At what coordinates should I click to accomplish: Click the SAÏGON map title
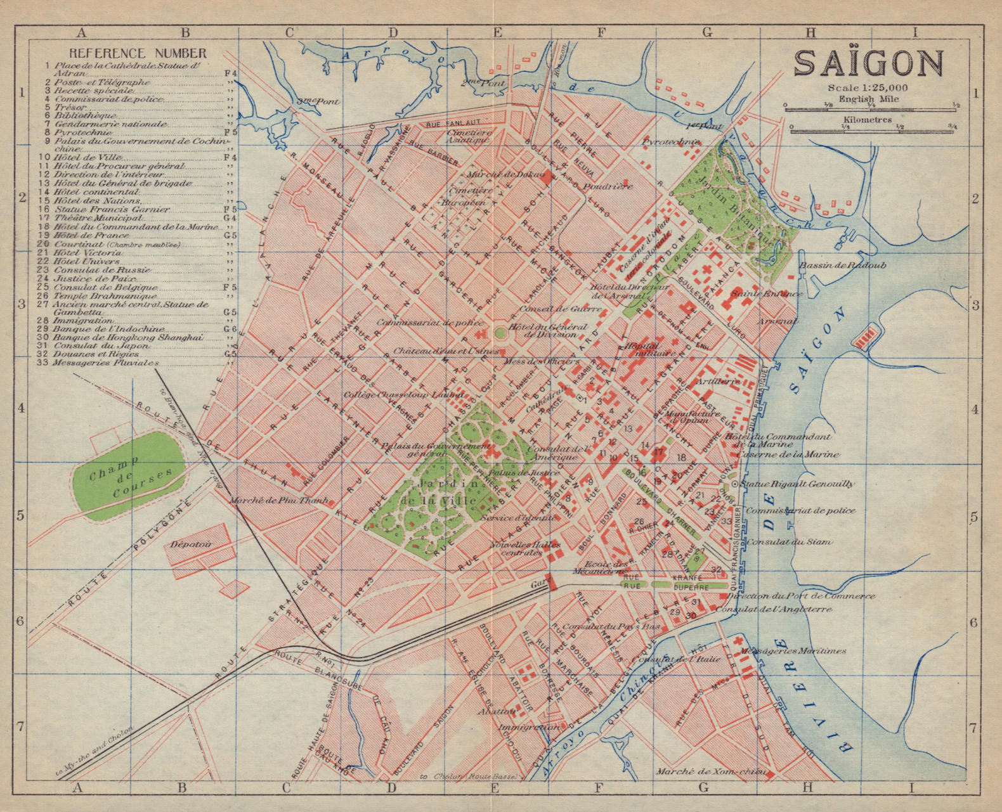(868, 63)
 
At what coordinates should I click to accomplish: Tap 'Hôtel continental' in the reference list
(96, 192)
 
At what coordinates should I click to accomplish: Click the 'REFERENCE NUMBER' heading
(138, 53)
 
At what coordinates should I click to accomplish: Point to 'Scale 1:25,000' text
(867, 88)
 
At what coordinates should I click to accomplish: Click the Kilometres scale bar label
(868, 119)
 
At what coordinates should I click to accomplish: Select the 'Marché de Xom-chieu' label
(712, 772)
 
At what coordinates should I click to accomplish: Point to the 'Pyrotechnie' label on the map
(671, 142)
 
